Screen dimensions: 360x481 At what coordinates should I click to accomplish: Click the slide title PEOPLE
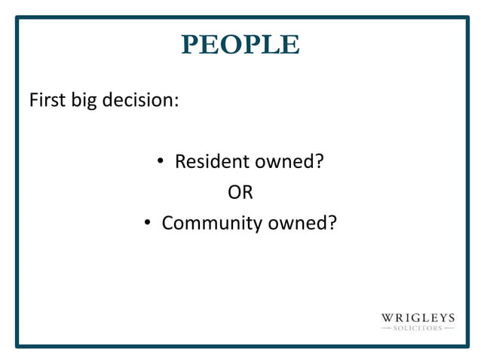pos(240,44)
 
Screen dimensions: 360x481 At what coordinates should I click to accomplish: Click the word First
pos(47,99)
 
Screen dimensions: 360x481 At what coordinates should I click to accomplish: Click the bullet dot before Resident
pos(161,162)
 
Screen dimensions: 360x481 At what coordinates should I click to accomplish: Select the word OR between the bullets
pos(240,192)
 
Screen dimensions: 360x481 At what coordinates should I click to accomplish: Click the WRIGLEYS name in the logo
pos(418,319)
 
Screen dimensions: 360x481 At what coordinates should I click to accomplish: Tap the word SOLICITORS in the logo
pos(418,328)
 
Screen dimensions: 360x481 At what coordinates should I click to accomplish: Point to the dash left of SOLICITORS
pos(387,328)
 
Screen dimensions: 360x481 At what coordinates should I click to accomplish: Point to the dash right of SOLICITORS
pos(449,328)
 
